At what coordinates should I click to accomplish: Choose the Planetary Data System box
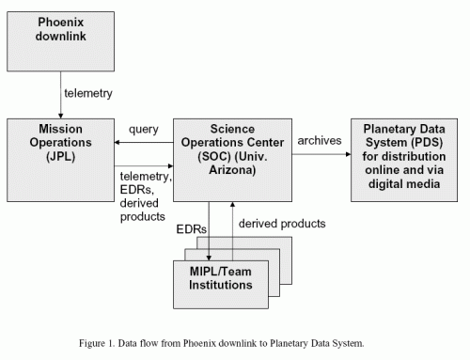[x=406, y=160]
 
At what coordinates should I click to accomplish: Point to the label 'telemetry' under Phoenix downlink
[x=89, y=94]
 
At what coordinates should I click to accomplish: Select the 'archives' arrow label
[x=320, y=140]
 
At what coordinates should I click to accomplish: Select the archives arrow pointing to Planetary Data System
[x=319, y=154]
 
